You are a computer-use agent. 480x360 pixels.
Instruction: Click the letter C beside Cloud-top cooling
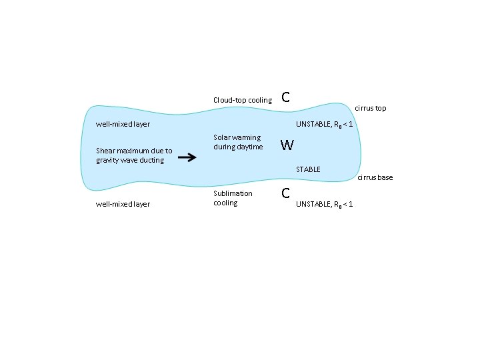[x=285, y=97]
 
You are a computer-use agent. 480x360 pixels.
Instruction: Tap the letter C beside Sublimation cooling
[x=285, y=193]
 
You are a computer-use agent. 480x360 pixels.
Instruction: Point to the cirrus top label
[x=371, y=108]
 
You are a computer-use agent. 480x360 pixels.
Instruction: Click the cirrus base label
[x=375, y=177]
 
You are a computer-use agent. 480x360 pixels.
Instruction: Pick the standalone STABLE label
[x=308, y=169]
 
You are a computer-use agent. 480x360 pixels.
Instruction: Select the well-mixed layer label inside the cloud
[x=123, y=124]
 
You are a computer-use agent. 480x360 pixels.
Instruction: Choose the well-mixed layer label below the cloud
[x=123, y=203]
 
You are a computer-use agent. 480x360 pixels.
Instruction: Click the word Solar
[x=222, y=137]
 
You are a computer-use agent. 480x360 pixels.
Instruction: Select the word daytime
[x=250, y=147]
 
